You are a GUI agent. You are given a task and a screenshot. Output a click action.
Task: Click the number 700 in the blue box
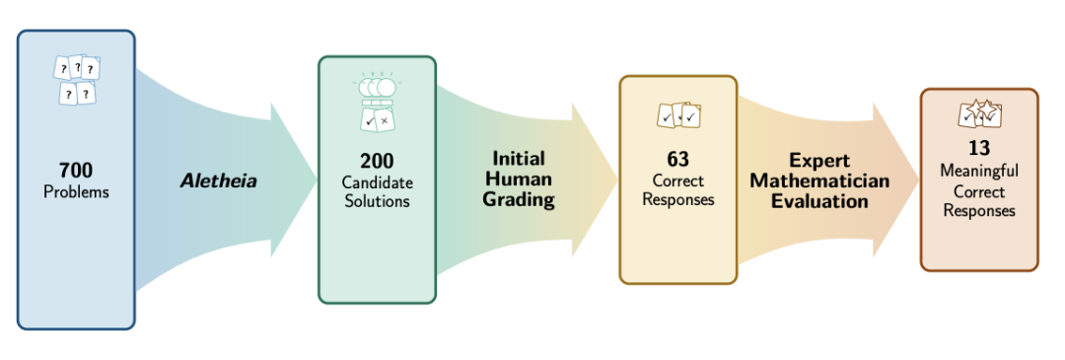tap(76, 170)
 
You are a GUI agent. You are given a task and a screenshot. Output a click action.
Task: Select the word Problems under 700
tap(76, 192)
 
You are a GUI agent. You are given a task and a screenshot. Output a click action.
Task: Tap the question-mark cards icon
tap(77, 80)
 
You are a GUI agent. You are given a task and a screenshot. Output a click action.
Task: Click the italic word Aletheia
tap(219, 180)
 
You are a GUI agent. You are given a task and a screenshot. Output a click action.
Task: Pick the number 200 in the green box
tap(377, 161)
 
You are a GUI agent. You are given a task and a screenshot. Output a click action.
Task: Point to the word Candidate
tap(377, 183)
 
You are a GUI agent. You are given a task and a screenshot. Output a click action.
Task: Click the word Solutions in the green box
tap(377, 202)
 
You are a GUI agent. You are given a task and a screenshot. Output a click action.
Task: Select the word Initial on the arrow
tap(519, 159)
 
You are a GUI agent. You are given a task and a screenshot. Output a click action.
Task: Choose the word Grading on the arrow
tap(519, 200)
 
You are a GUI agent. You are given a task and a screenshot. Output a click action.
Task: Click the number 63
tap(677, 160)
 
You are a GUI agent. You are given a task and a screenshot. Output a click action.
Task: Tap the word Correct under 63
tap(677, 181)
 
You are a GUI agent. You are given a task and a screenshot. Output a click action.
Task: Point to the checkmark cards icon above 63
tap(677, 115)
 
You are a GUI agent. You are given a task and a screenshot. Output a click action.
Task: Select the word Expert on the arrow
tap(819, 161)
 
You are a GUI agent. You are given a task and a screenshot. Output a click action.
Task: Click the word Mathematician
tap(819, 180)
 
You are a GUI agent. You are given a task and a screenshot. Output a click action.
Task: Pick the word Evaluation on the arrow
tap(819, 202)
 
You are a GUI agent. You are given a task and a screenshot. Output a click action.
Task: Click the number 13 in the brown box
tap(979, 148)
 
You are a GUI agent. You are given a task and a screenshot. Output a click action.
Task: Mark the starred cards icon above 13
tap(979, 114)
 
